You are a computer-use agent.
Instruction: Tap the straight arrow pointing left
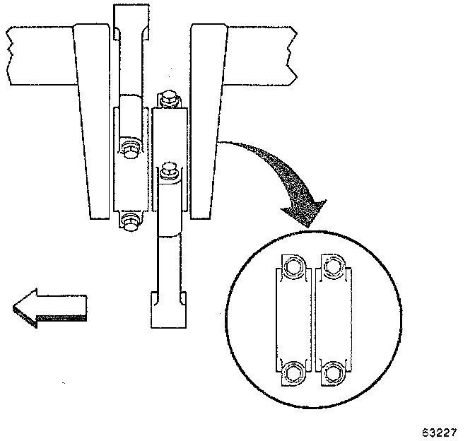coord(49,309)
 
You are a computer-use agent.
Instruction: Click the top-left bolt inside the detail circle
coord(292,266)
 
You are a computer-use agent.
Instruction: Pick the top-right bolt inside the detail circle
coord(334,266)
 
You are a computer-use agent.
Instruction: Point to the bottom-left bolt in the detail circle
coord(292,370)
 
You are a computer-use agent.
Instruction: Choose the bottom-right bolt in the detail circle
coord(334,370)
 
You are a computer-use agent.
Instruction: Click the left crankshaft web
coord(92,120)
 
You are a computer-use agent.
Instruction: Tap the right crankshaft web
coord(209,120)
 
